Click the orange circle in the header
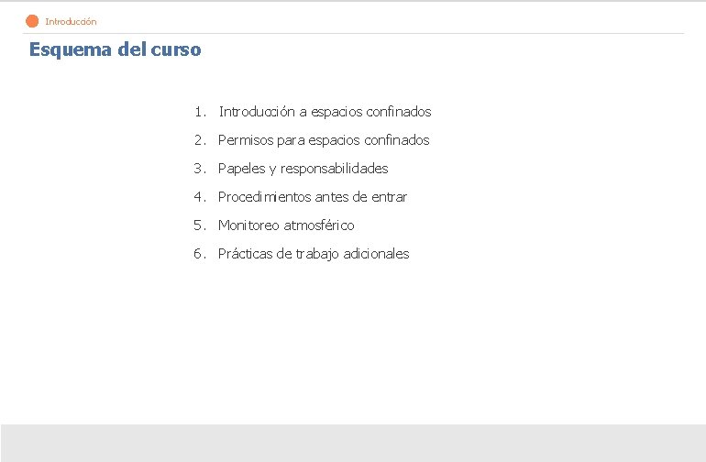(x=32, y=21)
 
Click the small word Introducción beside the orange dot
(x=71, y=21)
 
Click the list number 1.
(x=198, y=112)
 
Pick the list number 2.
(x=198, y=140)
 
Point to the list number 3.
(x=198, y=169)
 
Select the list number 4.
(x=198, y=197)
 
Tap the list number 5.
(x=198, y=225)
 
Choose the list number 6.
(x=198, y=254)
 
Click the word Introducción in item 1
(x=256, y=112)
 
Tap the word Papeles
(x=241, y=169)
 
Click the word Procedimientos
(x=264, y=197)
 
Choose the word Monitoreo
(x=249, y=225)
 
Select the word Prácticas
(x=245, y=254)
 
